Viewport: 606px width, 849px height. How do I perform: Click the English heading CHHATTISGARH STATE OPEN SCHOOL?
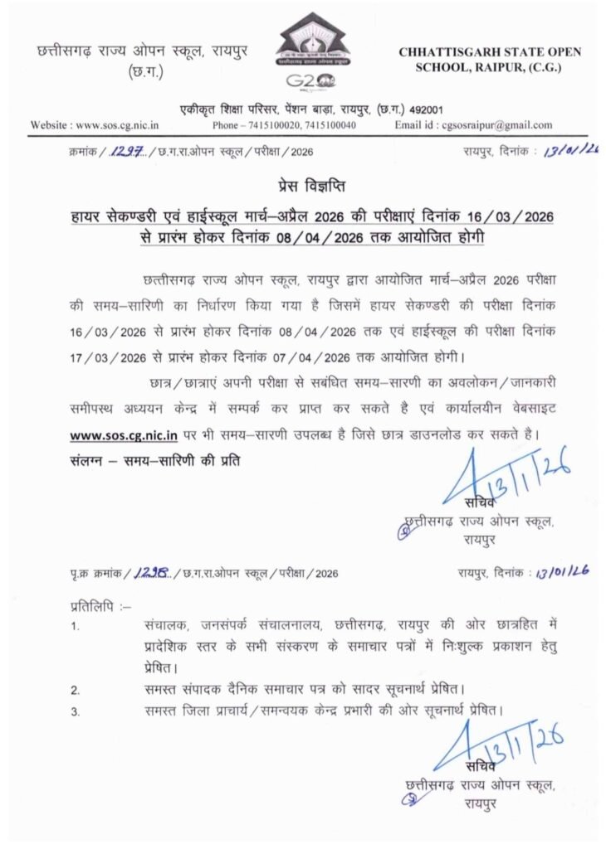tap(490, 59)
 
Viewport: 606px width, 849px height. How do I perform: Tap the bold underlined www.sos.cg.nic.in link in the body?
tap(123, 434)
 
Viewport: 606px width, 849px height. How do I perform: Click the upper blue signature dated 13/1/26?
tap(506, 478)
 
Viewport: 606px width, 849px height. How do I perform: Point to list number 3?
tap(75, 711)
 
